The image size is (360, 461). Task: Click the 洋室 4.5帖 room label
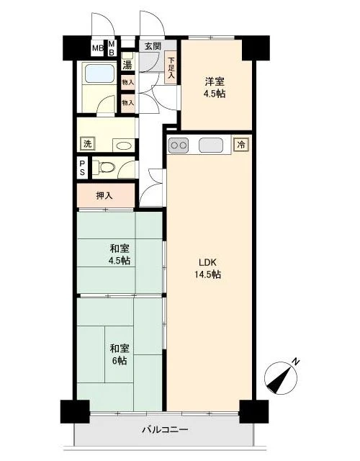tap(215, 87)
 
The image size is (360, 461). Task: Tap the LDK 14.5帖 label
tap(207, 268)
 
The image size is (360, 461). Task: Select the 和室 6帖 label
tap(120, 354)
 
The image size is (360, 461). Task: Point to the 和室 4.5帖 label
tap(120, 254)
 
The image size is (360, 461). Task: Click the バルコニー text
tap(165, 430)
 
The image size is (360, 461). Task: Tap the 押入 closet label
tap(104, 195)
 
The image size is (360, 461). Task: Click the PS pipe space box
tap(82, 168)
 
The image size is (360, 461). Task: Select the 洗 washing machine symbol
tap(87, 144)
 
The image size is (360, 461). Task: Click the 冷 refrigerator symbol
tap(241, 145)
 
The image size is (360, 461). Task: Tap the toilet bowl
tap(106, 167)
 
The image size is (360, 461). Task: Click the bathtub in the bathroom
tap(99, 72)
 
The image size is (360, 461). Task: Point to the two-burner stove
tap(178, 146)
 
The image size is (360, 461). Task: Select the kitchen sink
tap(211, 145)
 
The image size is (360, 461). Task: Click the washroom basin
tap(124, 146)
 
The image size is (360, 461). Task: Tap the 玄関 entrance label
tap(153, 46)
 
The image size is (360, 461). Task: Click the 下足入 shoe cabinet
tap(171, 68)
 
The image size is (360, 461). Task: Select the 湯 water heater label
tap(127, 64)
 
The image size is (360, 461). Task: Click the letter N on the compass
tap(297, 361)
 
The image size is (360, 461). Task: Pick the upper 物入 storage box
tap(128, 82)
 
